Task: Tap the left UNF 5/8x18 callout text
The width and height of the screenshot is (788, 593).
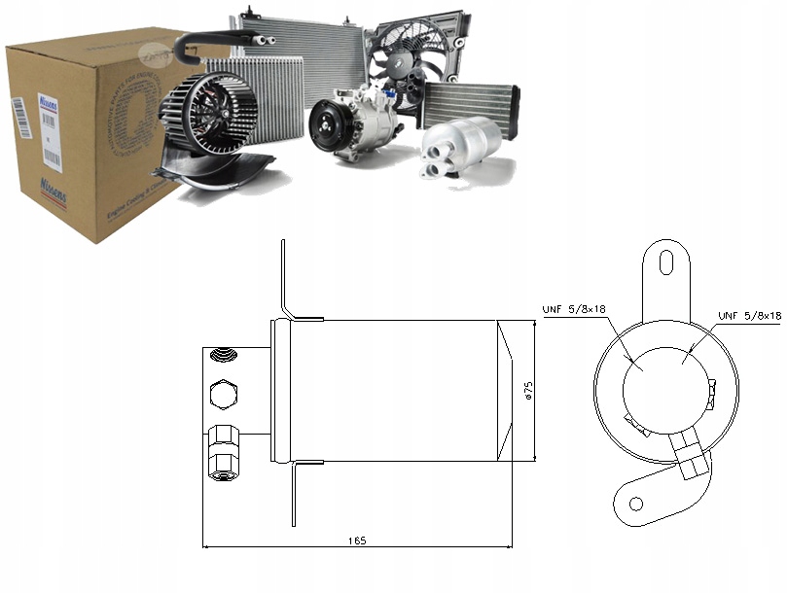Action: pos(574,309)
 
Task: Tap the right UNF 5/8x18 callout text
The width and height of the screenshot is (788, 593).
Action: pos(749,315)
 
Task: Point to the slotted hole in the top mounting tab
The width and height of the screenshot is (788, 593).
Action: pos(668,262)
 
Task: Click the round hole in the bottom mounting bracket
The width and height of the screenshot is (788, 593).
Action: pos(636,503)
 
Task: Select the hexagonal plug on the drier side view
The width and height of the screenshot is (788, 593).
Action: pos(221,393)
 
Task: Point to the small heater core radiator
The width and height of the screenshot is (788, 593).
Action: pos(469,101)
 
